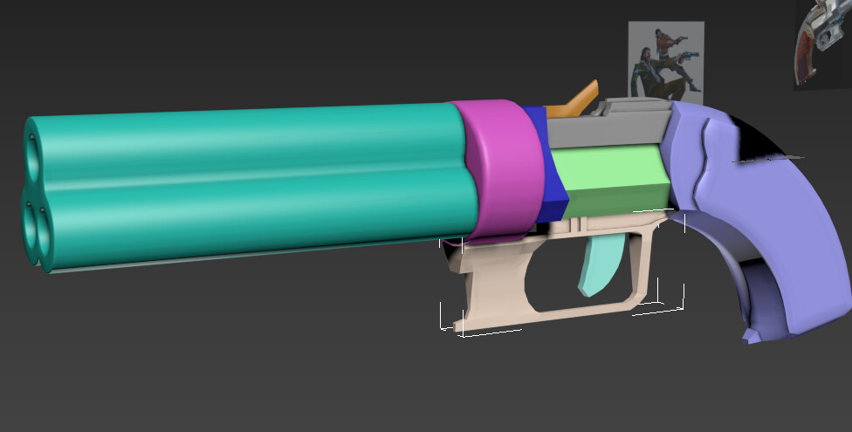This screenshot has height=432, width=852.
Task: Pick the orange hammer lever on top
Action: [579, 97]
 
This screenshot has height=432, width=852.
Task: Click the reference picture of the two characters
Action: [665, 59]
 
